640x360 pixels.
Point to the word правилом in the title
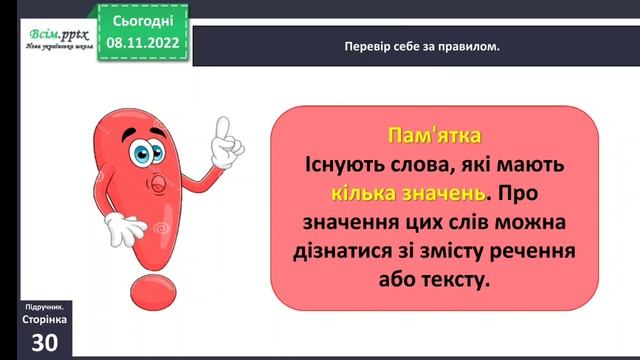[x=468, y=46]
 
